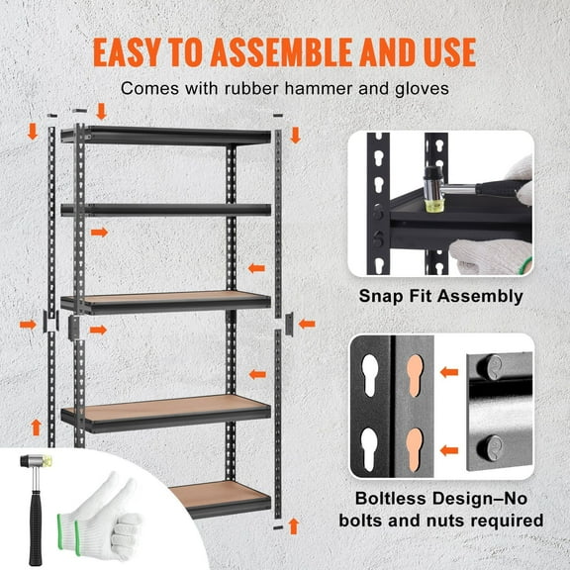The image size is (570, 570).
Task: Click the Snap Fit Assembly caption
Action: coord(441,296)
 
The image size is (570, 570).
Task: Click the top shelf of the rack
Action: coord(168,135)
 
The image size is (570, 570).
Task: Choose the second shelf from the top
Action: coord(168,209)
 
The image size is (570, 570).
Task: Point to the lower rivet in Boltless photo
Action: coord(489,446)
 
